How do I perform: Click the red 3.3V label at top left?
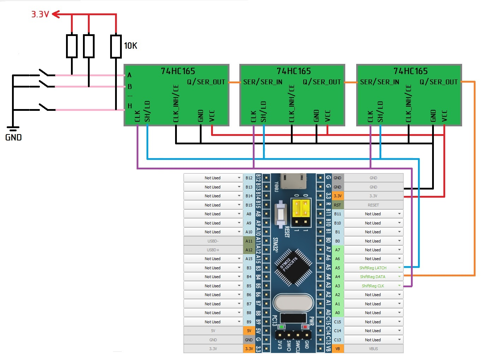pyautogui.click(x=40, y=14)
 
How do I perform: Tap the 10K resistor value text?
pyautogui.click(x=130, y=46)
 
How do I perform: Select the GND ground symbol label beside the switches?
pyautogui.click(x=13, y=137)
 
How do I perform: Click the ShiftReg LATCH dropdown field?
pyautogui.click(x=373, y=268)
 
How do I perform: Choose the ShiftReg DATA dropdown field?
pyautogui.click(x=373, y=277)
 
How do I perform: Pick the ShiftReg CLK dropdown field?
pyautogui.click(x=373, y=286)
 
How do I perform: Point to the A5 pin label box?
pyautogui.click(x=337, y=268)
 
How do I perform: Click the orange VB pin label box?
pyautogui.click(x=337, y=349)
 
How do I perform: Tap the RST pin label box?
pyautogui.click(x=337, y=205)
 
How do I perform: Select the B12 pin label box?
pyautogui.click(x=249, y=178)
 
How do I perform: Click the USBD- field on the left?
pyautogui.click(x=213, y=241)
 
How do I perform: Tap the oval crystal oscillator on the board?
pyautogui.click(x=293, y=303)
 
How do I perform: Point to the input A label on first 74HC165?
pyautogui.click(x=130, y=75)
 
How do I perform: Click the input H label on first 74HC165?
pyautogui.click(x=130, y=106)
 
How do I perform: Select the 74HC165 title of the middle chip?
pyautogui.click(x=294, y=71)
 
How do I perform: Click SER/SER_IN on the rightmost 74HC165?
pyautogui.click(x=380, y=82)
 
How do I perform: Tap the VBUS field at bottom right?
pyautogui.click(x=373, y=349)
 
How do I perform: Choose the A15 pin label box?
pyautogui.click(x=249, y=259)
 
